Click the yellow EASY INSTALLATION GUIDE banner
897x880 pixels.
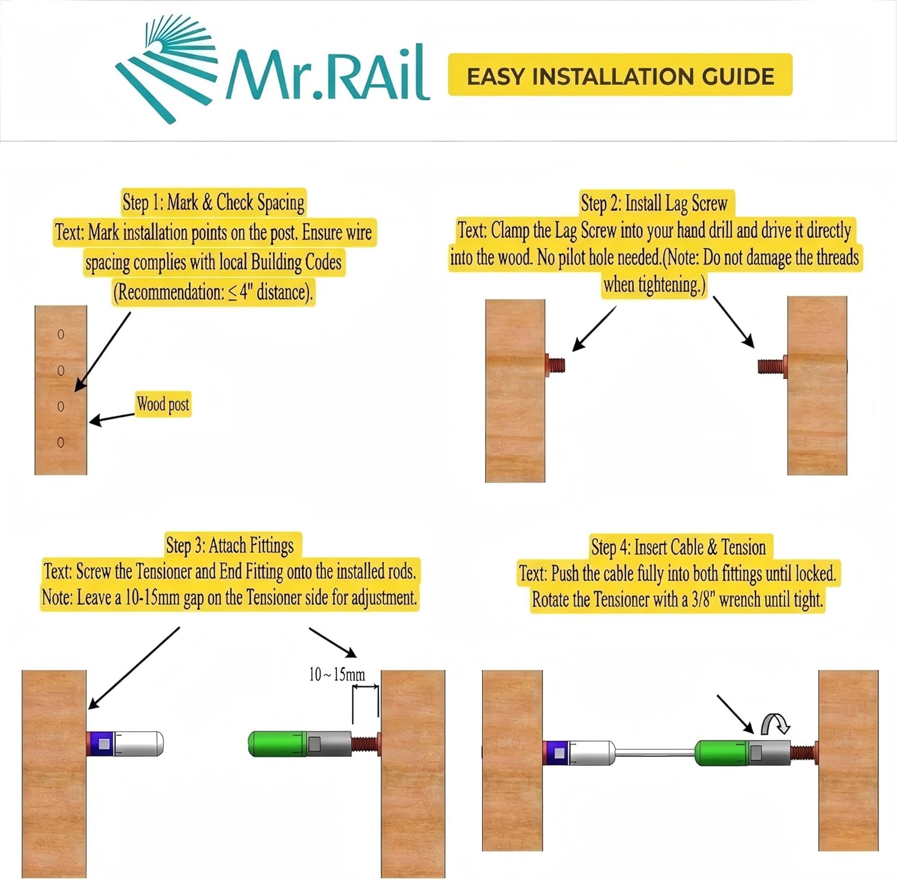[x=620, y=75]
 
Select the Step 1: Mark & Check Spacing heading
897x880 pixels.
[x=213, y=202]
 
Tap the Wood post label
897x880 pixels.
[x=163, y=405]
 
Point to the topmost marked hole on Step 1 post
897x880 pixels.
[x=60, y=334]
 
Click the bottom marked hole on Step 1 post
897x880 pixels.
[x=60, y=442]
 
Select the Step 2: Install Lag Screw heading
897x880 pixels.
[x=654, y=204]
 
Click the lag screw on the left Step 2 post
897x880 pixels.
[x=556, y=364]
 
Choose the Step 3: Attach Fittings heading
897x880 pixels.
[x=230, y=545]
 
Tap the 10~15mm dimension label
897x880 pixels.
[x=337, y=675]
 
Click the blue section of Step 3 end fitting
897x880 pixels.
[x=101, y=744]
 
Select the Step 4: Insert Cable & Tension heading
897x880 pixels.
[x=678, y=547]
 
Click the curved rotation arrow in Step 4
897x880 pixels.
[x=775, y=723]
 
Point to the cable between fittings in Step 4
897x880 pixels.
[x=655, y=753]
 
